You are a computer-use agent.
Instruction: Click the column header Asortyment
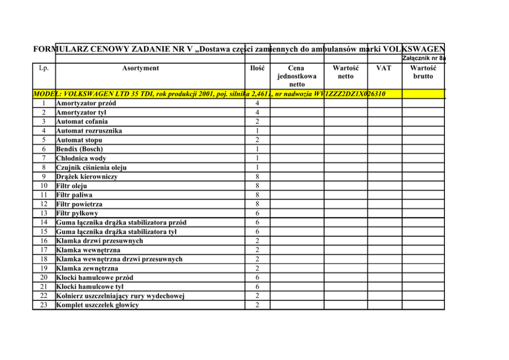pyautogui.click(x=140, y=68)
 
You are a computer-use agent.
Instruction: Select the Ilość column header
pyautogui.click(x=257, y=68)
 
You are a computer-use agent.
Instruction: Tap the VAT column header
pyautogui.click(x=384, y=68)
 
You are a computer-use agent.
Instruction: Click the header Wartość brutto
pyautogui.click(x=423, y=72)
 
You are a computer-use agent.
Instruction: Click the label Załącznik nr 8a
pyautogui.click(x=424, y=59)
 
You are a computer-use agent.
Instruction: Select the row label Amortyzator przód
pyautogui.click(x=86, y=103)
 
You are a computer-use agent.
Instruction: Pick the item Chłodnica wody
pyautogui.click(x=81, y=158)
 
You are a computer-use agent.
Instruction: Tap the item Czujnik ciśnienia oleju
pyautogui.click(x=91, y=167)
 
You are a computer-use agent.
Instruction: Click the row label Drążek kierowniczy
pyautogui.click(x=87, y=177)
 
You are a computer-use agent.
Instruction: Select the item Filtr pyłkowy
pyautogui.click(x=77, y=213)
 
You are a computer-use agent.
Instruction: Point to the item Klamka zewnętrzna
pyautogui.click(x=87, y=268)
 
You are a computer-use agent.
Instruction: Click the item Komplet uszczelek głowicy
pyautogui.click(x=97, y=305)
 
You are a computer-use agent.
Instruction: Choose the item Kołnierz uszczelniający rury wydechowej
pyautogui.click(x=120, y=296)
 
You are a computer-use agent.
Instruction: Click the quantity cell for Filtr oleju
pyautogui.click(x=257, y=186)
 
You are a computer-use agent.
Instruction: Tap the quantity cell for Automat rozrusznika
pyautogui.click(x=257, y=131)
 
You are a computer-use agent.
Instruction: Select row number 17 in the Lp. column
pyautogui.click(x=44, y=250)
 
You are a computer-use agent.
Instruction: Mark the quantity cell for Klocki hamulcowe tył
pyautogui.click(x=257, y=287)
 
